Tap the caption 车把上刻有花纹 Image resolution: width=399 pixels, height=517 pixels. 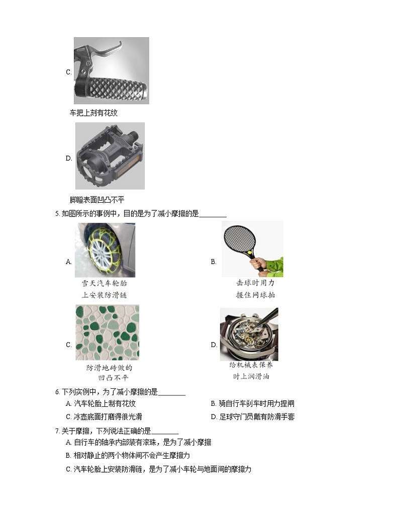click(93, 113)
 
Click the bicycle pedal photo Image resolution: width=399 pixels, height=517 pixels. click(110, 155)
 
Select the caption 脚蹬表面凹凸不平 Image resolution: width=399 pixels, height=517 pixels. click(97, 200)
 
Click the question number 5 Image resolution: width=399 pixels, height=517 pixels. click(57, 214)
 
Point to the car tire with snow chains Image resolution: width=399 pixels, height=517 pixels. click(105, 250)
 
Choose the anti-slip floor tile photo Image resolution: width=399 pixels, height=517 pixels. click(107, 332)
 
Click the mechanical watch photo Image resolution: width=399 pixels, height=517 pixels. click(249, 334)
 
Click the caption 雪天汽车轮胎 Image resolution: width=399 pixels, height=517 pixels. click(104, 283)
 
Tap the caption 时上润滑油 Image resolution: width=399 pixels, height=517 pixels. click(250, 377)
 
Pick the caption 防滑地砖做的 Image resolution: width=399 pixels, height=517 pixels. click(109, 368)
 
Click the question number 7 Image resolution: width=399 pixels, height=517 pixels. click(57, 430)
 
